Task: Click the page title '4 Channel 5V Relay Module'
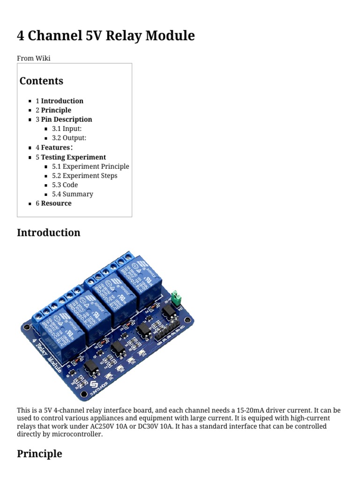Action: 105,36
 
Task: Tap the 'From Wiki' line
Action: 34,58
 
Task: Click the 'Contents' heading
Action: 41,81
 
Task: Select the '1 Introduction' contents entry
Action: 60,101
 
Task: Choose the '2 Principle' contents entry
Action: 53,110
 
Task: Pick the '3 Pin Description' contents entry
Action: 64,120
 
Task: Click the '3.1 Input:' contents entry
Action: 67,128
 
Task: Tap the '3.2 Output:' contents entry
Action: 69,138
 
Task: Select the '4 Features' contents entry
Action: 54,148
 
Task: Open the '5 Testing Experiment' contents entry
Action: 71,157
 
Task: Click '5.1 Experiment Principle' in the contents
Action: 90,166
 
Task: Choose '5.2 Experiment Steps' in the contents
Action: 84,176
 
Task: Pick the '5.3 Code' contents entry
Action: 65,185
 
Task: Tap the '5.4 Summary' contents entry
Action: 72,194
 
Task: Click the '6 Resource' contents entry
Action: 53,203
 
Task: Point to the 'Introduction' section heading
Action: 48,232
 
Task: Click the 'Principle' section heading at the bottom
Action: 39,454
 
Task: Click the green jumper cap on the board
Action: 176,297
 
